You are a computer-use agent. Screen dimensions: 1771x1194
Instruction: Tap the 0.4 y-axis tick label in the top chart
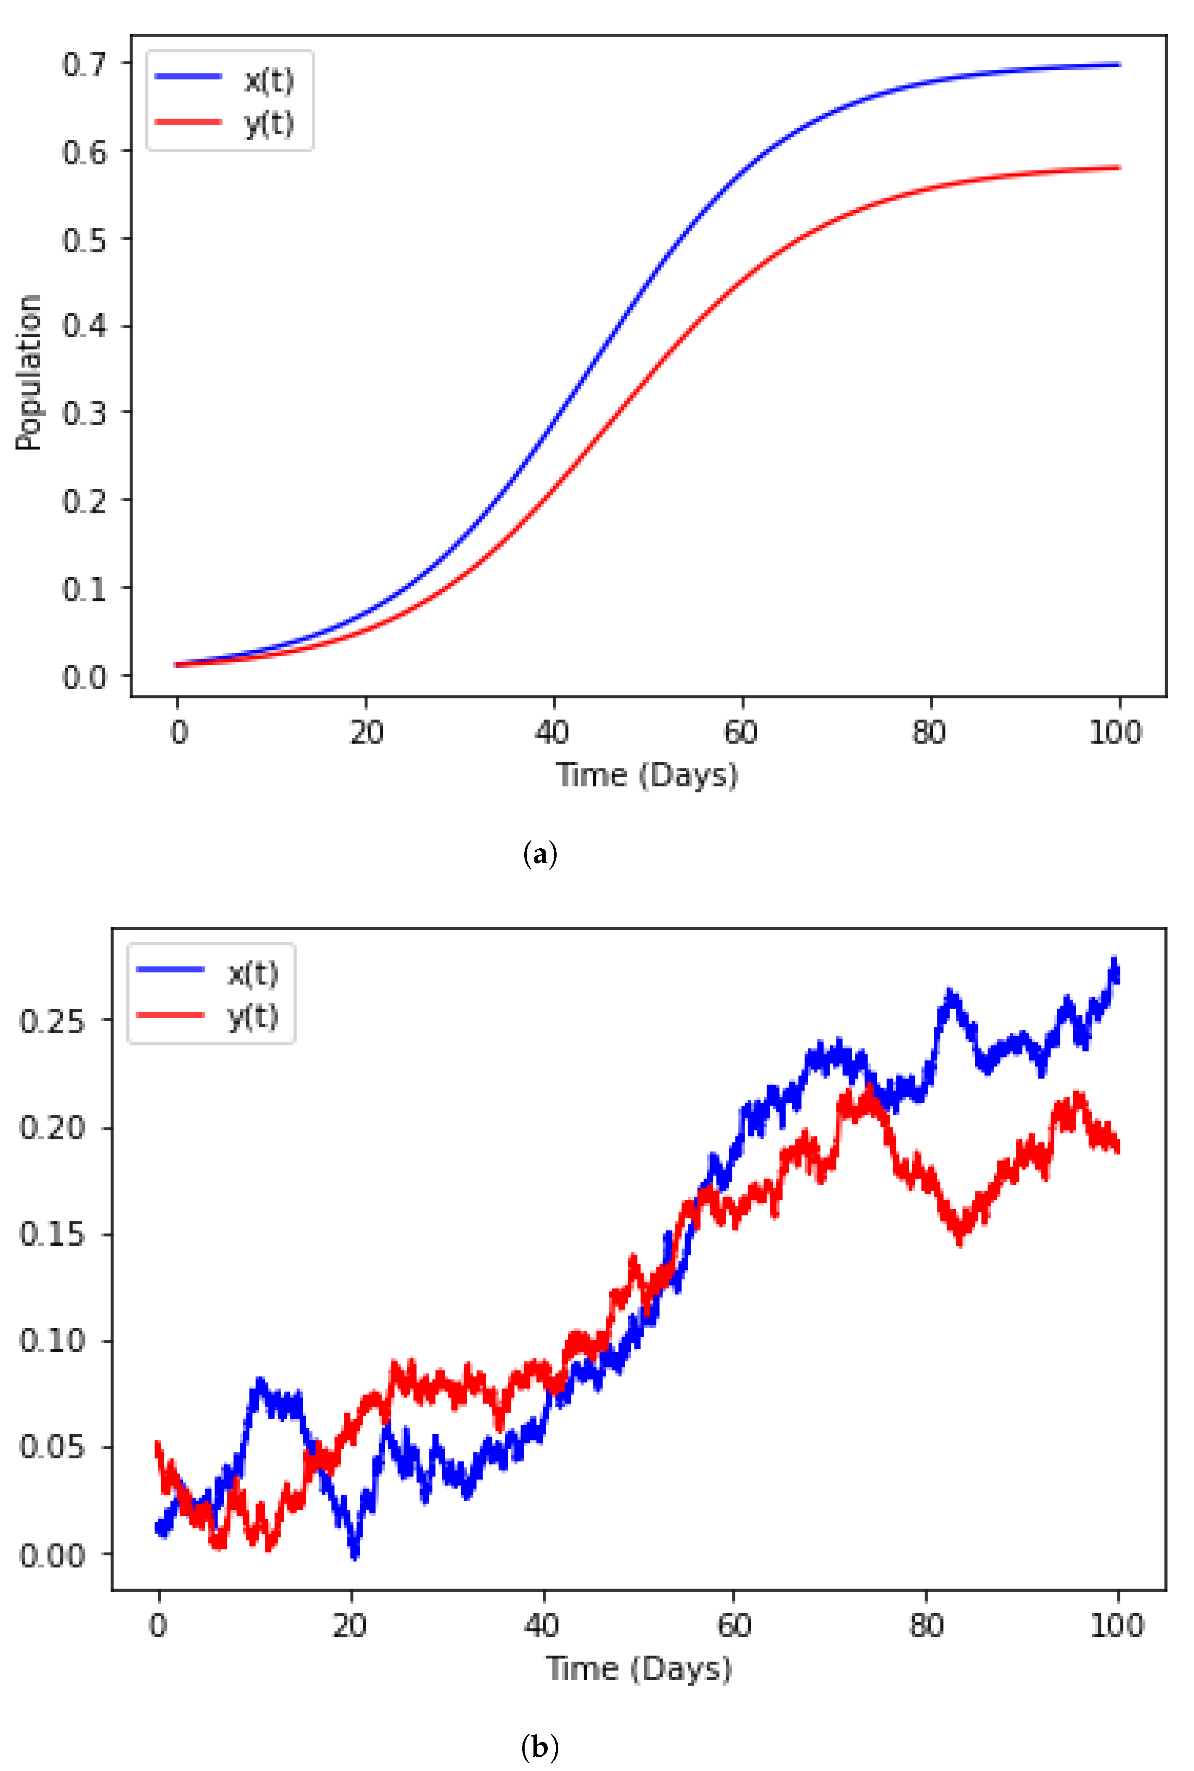click(x=84, y=326)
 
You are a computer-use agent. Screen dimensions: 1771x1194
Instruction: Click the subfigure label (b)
click(x=540, y=1747)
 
